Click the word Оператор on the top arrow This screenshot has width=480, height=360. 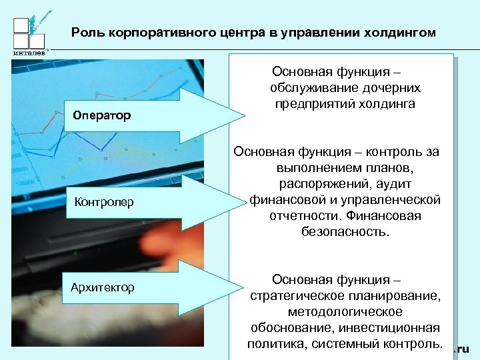click(x=102, y=115)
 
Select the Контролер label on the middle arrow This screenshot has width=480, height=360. click(x=104, y=201)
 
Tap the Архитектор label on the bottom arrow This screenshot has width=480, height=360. click(x=103, y=287)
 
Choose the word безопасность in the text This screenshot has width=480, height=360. click(x=345, y=232)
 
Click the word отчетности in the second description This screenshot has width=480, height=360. click(x=303, y=216)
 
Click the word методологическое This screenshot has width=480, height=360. click(x=345, y=312)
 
